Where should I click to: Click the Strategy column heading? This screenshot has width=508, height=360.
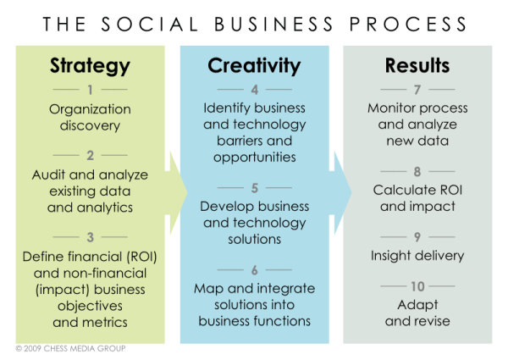pyautogui.click(x=90, y=65)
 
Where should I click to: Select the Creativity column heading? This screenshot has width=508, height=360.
pyautogui.click(x=254, y=65)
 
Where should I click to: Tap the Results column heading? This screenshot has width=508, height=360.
pyautogui.click(x=417, y=65)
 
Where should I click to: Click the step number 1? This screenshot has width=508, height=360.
pyautogui.click(x=90, y=89)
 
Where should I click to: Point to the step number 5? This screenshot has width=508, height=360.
pyautogui.click(x=254, y=187)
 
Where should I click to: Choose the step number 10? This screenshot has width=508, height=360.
pyautogui.click(x=417, y=285)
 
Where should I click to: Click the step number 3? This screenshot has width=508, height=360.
pyautogui.click(x=90, y=236)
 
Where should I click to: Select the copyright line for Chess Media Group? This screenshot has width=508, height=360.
pyautogui.click(x=69, y=348)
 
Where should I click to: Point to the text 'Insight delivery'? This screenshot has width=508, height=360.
pyautogui.click(x=417, y=255)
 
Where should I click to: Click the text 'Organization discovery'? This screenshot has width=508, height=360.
pyautogui.click(x=90, y=117)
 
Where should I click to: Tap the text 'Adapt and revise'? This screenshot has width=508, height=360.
pyautogui.click(x=417, y=313)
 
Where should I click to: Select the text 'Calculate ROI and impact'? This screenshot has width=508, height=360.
pyautogui.click(x=417, y=198)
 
